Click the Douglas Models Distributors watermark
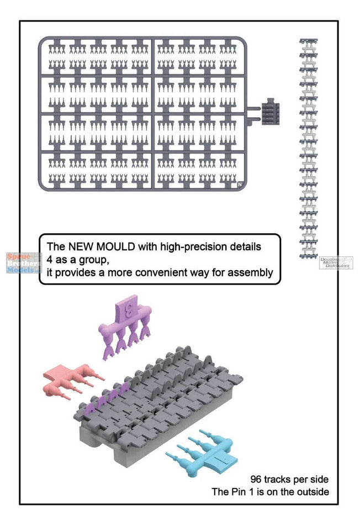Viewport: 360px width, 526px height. click(335, 262)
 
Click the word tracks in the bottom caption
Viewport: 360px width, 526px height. click(277, 479)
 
